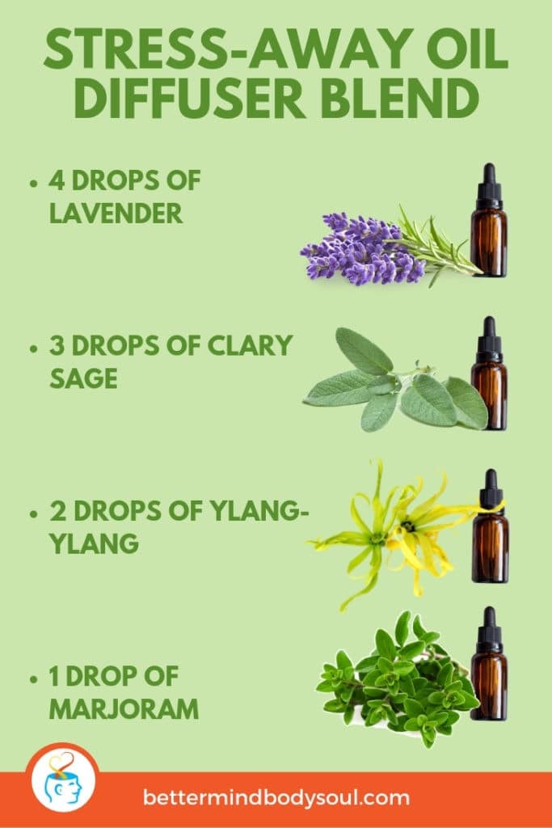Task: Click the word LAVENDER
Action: tap(115, 214)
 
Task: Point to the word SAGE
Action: tap(82, 378)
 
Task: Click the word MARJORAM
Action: tap(123, 709)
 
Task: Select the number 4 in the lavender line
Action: tap(58, 181)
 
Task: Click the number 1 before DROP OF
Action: tap(55, 677)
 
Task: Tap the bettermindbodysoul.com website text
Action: tap(276, 798)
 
